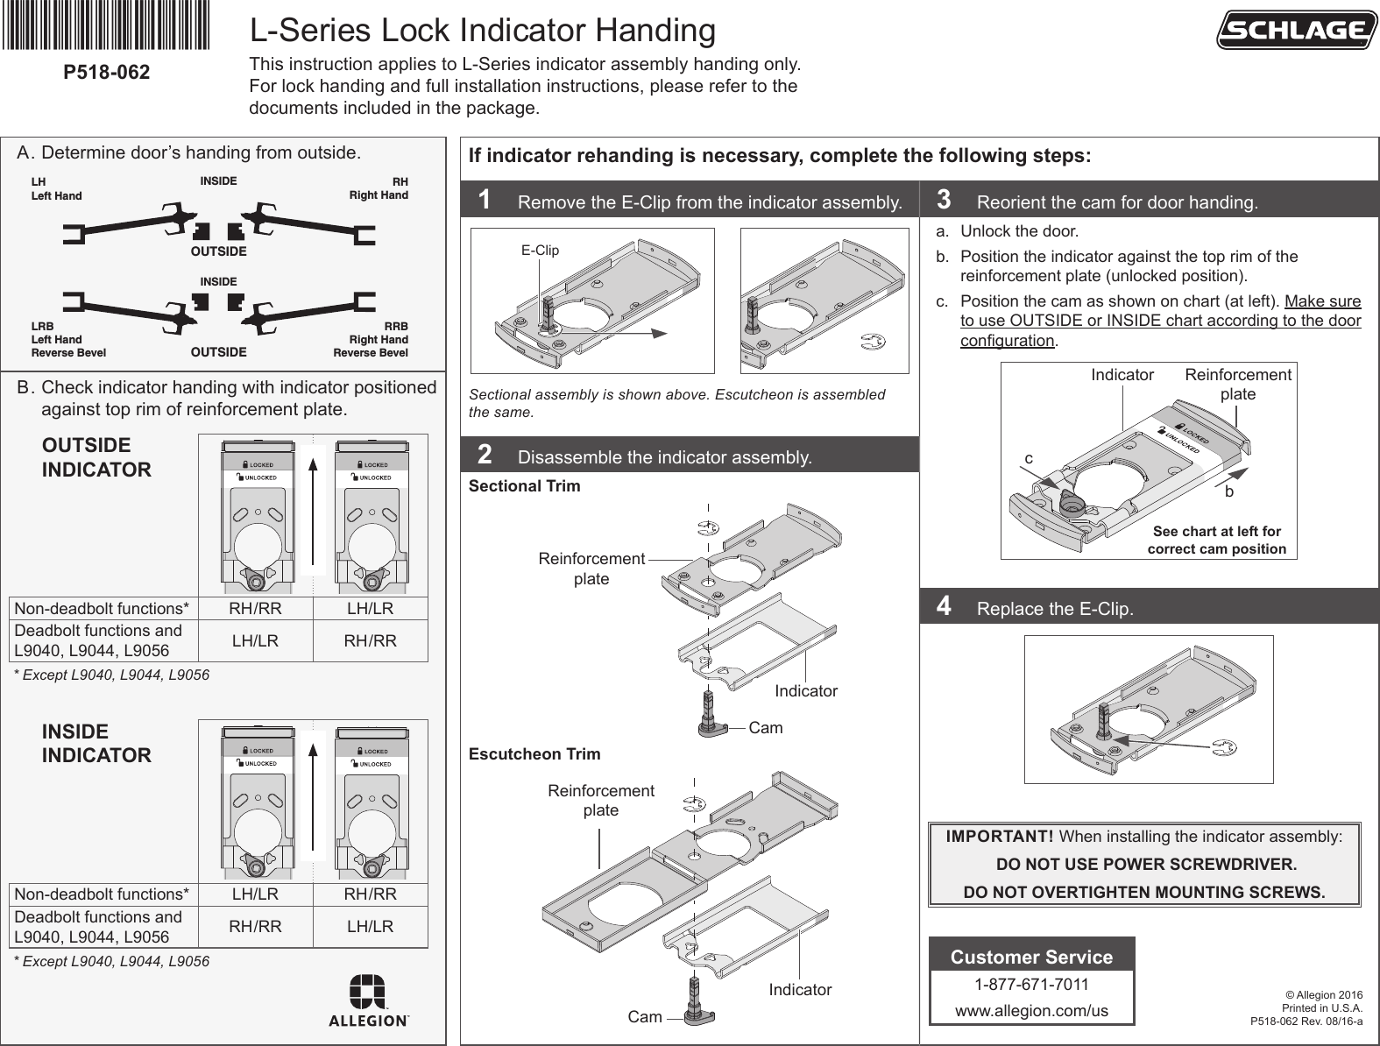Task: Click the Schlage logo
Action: point(1295,31)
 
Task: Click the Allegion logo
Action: point(368,1000)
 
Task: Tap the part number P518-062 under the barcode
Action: point(107,72)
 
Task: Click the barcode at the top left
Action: point(107,25)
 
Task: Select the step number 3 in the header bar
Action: point(944,200)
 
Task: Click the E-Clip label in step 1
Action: point(540,251)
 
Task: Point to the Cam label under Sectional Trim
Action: point(766,728)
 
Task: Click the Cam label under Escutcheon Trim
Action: point(645,1017)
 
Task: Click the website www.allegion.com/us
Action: point(1031,1011)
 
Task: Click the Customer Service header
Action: point(1031,957)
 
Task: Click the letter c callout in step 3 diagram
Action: point(1029,458)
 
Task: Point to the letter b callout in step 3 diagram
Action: point(1228,492)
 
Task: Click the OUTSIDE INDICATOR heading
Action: point(96,457)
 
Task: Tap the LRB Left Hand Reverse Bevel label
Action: point(68,339)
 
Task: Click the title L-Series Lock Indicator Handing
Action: point(483,31)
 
